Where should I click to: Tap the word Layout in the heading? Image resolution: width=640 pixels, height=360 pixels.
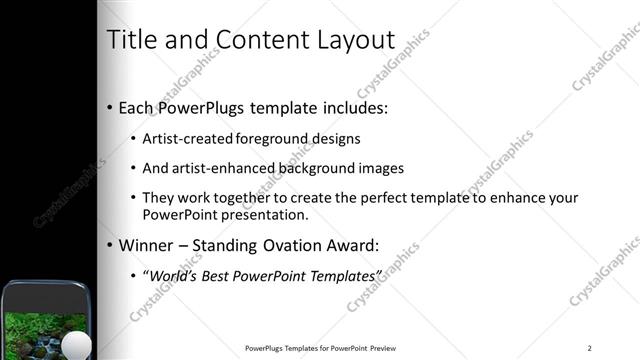(x=354, y=41)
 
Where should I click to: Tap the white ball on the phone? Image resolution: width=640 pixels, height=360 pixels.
(x=77, y=346)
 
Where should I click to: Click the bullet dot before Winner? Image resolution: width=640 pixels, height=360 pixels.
(x=109, y=245)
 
